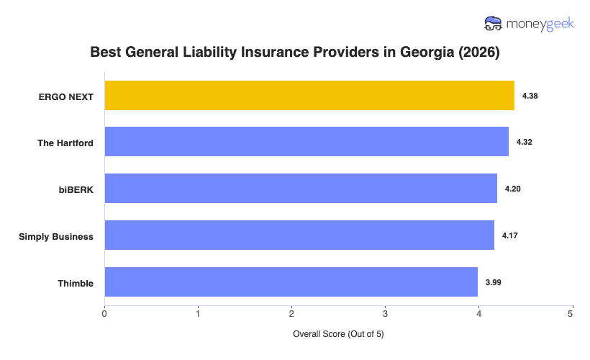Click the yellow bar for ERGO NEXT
coord(309,96)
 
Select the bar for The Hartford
coord(307,142)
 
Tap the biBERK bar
coord(301,189)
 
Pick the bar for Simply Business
coord(299,235)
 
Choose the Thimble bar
coord(291,282)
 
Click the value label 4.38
coord(530,96)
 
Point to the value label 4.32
coord(525,143)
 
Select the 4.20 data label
coord(513,189)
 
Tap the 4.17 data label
coord(510,235)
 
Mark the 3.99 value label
coord(494,282)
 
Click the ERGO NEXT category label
coord(66,96)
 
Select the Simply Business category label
coord(56,236)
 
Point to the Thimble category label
coord(76,283)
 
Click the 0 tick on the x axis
coord(105,312)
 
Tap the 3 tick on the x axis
coord(385,312)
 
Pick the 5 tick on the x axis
coord(571,312)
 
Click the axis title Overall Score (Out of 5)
coord(338,335)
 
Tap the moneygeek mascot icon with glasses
coord(494,24)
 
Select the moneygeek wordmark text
coord(540,24)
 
